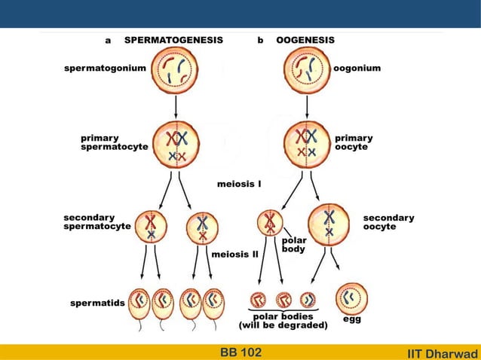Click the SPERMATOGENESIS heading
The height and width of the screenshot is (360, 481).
173,40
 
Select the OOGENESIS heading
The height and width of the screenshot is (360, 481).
305,40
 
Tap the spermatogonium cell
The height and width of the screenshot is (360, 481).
176,71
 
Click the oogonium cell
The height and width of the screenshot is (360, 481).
307,70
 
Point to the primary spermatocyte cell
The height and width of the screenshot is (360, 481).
176,145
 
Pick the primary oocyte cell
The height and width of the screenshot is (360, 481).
307,144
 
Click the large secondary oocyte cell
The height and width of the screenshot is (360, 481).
329,224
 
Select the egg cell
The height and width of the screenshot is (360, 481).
350,300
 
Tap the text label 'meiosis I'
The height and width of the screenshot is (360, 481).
239,183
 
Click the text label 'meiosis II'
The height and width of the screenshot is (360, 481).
234,255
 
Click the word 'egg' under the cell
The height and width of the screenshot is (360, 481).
351,320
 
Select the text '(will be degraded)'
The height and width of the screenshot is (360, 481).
283,326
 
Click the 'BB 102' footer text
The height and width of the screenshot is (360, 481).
240,352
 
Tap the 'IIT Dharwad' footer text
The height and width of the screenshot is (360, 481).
442,352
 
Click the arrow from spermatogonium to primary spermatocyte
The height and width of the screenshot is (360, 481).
176,106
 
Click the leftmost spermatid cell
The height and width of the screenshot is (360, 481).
139,304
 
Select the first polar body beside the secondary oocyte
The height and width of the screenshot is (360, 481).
269,223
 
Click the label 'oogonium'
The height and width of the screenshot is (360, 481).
357,69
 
